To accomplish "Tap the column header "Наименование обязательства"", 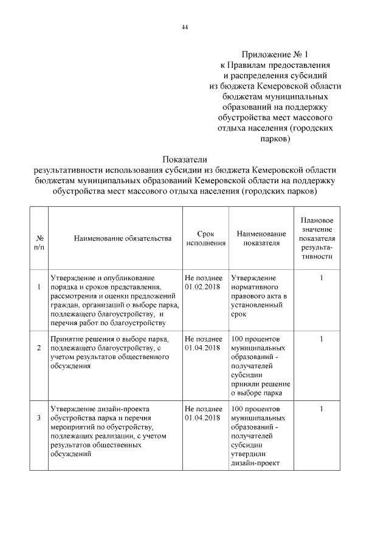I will (114, 238).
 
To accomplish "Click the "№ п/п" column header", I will (39, 243).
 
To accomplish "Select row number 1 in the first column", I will (39, 286).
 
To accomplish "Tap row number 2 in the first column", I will (39, 348).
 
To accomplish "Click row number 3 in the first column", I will (39, 418).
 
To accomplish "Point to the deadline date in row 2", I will (202, 348).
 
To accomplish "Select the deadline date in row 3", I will (202, 418).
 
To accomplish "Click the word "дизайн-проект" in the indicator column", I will (254, 464).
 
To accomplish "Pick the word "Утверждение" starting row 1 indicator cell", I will (253, 278).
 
